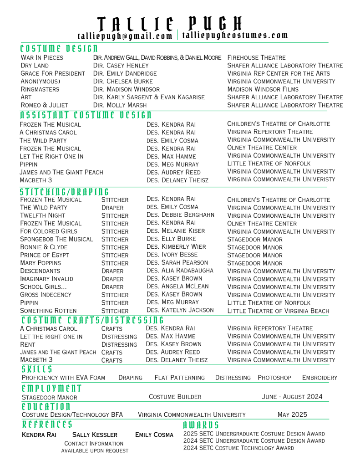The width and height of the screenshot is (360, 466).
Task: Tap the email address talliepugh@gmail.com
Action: (x=125, y=36)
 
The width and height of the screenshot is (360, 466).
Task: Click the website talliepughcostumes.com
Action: (x=235, y=36)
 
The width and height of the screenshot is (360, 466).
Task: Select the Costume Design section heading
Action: (x=59, y=48)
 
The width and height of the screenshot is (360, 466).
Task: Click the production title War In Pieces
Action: (x=42, y=58)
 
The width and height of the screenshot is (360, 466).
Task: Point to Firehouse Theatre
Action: (x=256, y=58)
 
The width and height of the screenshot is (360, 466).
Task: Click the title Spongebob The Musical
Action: (x=57, y=239)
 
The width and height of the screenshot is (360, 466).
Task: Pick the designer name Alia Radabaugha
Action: (x=180, y=271)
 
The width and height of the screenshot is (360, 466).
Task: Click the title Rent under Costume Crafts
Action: (x=28, y=344)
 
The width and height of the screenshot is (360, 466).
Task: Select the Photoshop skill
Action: (x=274, y=378)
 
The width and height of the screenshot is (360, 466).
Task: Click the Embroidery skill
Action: (x=319, y=378)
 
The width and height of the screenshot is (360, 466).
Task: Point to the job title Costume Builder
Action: (x=175, y=397)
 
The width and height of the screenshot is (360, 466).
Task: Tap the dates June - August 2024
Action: (x=292, y=397)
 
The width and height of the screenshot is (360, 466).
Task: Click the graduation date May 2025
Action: (x=292, y=415)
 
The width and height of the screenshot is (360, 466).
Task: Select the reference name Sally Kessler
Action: (x=95, y=435)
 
